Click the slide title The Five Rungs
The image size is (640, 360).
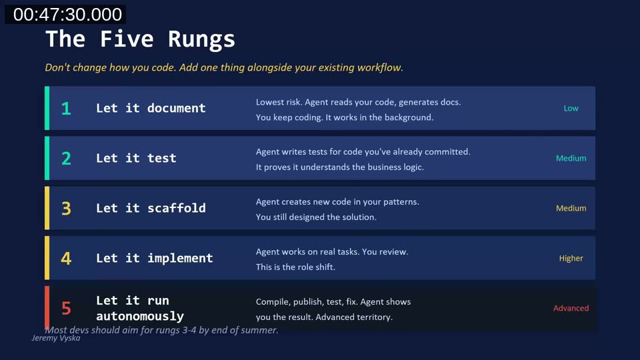pyautogui.click(x=140, y=39)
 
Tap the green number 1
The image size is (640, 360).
pyautogui.click(x=66, y=109)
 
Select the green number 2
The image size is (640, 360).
pyautogui.click(x=66, y=159)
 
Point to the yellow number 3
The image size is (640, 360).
pyautogui.click(x=66, y=209)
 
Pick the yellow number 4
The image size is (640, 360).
pyautogui.click(x=66, y=259)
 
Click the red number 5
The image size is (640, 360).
pyautogui.click(x=66, y=309)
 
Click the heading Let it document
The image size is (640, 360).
pyautogui.click(x=151, y=108)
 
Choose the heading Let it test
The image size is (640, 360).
pyautogui.click(x=136, y=158)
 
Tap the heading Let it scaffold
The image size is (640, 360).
pyautogui.click(x=151, y=208)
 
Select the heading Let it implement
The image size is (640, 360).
pyautogui.click(x=154, y=258)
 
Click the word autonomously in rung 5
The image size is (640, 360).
pyautogui.click(x=139, y=316)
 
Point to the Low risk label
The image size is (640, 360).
pyautogui.click(x=571, y=109)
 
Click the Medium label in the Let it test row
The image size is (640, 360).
pyautogui.click(x=571, y=159)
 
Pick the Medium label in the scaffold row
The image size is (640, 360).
pyautogui.click(x=571, y=209)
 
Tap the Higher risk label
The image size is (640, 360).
pyautogui.click(x=571, y=259)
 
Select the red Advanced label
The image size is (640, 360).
pyautogui.click(x=571, y=309)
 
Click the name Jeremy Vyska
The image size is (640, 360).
pyautogui.click(x=56, y=338)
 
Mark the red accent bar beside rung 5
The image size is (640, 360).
pyautogui.click(x=47, y=308)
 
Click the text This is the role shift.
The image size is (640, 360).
pyautogui.click(x=295, y=267)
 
